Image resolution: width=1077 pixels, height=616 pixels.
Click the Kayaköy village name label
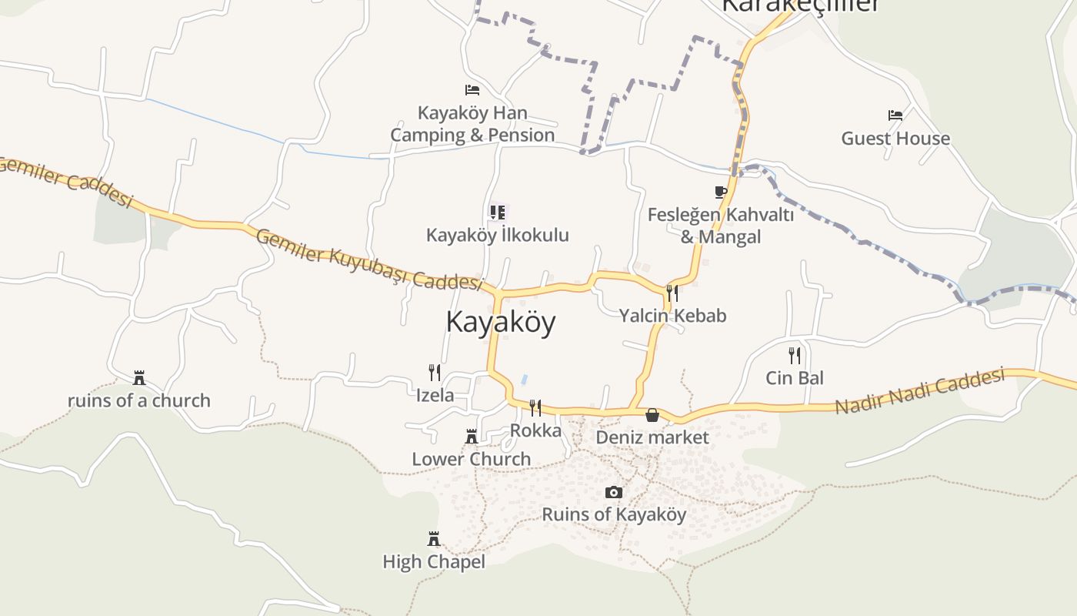coord(500,322)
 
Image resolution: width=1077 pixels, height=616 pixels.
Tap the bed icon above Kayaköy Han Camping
coord(472,91)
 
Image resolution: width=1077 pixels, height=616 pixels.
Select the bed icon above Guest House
coord(895,115)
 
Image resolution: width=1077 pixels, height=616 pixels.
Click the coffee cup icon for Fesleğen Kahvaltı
coord(720,192)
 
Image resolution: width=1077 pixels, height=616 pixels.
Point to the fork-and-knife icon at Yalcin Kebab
coord(672,293)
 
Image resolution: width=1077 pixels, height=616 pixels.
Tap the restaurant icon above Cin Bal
coord(794,355)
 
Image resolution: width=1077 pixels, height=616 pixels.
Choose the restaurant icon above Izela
coord(434,373)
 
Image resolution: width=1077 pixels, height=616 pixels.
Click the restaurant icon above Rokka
coord(535,407)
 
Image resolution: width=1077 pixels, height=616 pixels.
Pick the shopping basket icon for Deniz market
coord(652,415)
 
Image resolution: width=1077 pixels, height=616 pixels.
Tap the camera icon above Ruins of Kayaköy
coord(613,492)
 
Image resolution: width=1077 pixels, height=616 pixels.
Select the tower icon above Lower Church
coord(471,437)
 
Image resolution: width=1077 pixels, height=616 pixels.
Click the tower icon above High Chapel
coord(433,538)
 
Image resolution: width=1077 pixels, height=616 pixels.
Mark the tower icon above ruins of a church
coord(138,377)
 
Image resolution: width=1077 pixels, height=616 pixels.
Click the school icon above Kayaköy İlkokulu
coord(497,212)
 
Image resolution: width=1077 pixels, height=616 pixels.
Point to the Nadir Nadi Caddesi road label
coord(919,391)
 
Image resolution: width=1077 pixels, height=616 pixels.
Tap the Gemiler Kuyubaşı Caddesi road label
coord(368,259)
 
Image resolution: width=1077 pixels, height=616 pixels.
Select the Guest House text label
coord(895,139)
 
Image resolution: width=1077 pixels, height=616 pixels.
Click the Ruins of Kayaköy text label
coord(613,514)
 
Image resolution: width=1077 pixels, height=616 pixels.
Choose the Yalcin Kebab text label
coord(672,316)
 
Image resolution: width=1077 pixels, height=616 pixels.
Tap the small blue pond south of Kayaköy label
coord(524,380)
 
